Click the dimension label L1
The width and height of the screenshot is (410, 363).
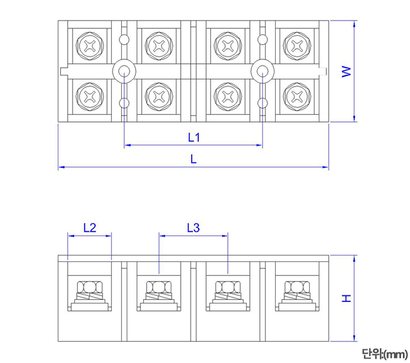tap(193, 137)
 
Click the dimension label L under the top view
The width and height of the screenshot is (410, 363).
tap(193, 159)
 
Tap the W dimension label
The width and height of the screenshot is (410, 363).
tap(346, 71)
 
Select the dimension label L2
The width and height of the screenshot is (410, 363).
tap(89, 228)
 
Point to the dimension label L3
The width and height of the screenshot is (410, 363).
tap(193, 228)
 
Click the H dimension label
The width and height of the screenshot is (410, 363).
tap(346, 298)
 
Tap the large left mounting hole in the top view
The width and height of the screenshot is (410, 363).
tap(124, 71)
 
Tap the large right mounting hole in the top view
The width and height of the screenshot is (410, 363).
tap(262, 71)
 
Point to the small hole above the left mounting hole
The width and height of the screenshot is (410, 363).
tap(124, 39)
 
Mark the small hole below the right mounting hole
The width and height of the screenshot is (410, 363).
tap(262, 103)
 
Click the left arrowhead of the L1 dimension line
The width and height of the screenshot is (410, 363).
tap(127, 146)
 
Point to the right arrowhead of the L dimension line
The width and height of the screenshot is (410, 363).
tap(325, 167)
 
